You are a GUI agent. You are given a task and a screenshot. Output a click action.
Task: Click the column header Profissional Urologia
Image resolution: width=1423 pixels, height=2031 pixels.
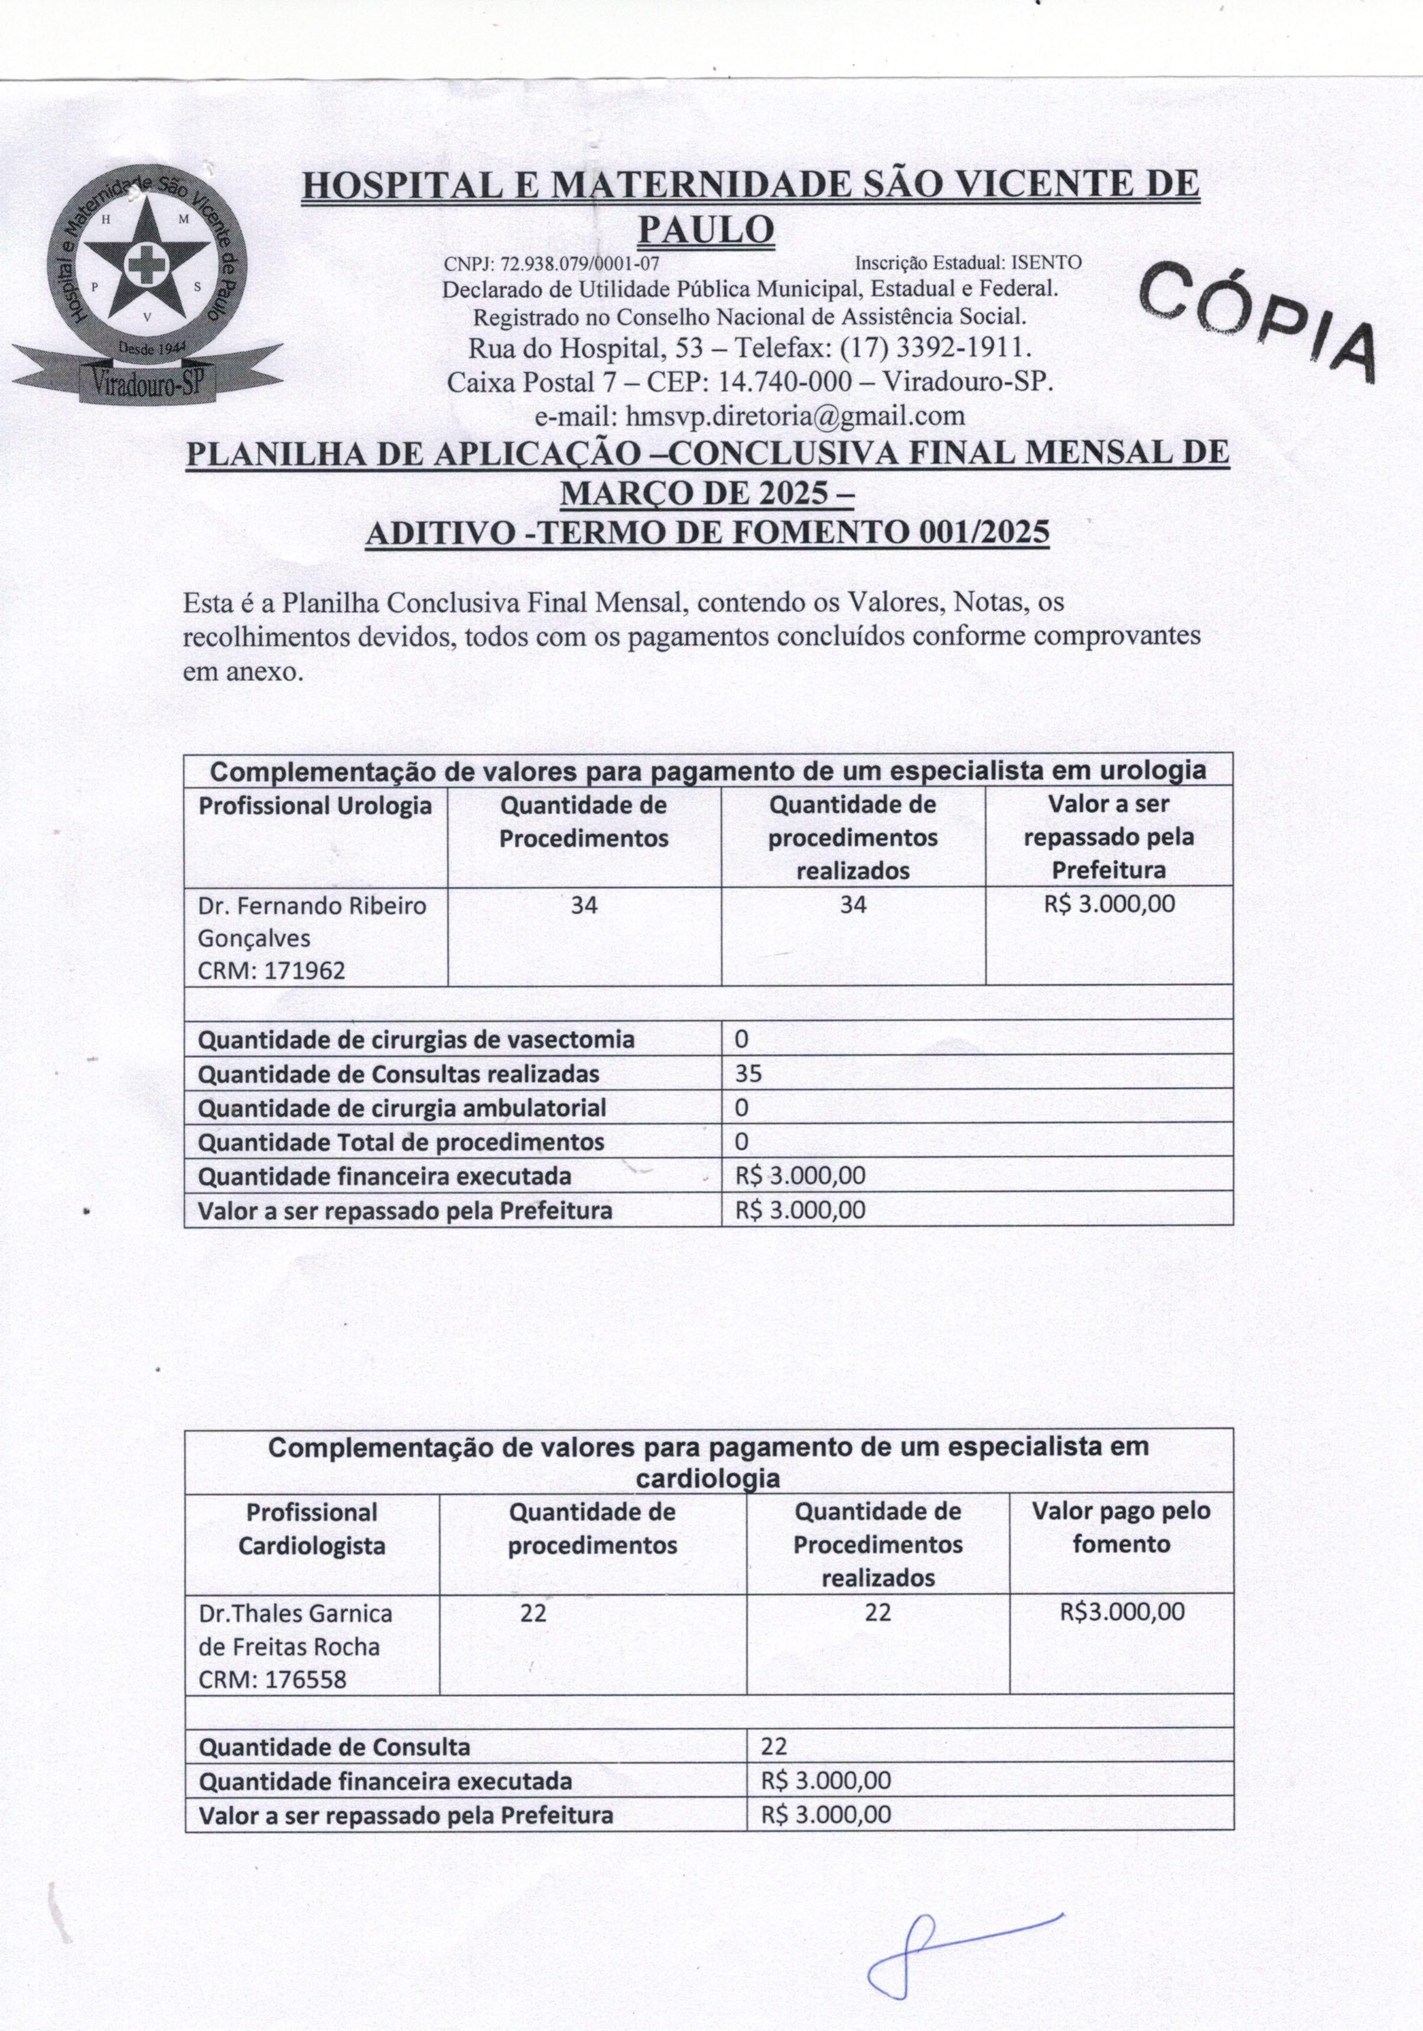(x=316, y=806)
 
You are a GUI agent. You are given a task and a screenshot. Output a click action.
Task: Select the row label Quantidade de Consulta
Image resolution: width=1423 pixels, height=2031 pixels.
(x=334, y=1747)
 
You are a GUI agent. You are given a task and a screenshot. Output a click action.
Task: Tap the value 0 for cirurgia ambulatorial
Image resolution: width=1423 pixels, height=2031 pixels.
(x=741, y=1107)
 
